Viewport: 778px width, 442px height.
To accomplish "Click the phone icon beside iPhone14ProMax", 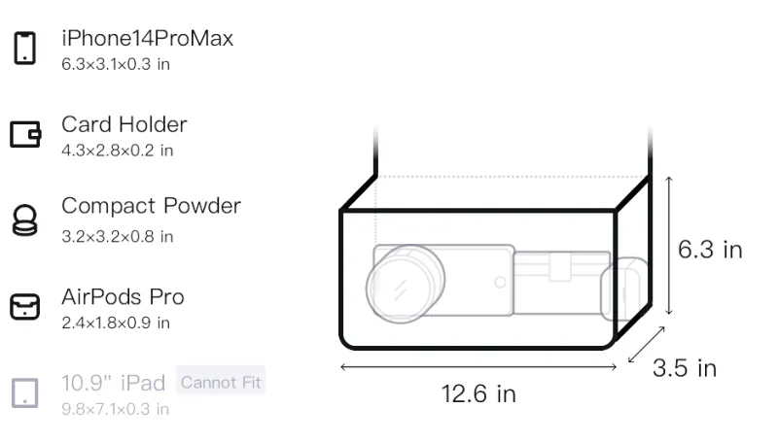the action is [25, 48].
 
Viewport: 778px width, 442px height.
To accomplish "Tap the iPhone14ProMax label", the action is [148, 38].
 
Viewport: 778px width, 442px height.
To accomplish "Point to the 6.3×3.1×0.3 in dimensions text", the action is [116, 64].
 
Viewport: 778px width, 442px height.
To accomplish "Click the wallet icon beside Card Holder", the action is [25, 134].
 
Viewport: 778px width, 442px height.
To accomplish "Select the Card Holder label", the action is [124, 124].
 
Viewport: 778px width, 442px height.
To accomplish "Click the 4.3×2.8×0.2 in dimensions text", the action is [117, 151].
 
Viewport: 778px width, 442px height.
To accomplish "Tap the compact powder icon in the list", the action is [25, 220].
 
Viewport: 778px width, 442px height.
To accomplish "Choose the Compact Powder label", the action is [152, 206].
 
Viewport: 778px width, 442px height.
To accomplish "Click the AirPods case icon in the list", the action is [25, 307].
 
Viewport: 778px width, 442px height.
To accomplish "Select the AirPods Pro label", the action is [123, 297].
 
